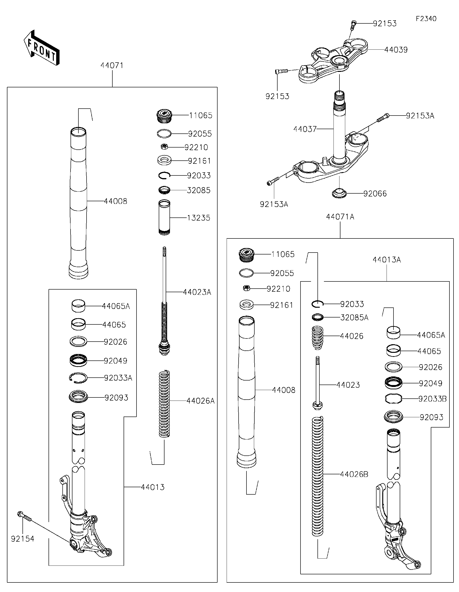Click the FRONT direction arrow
[x=41, y=48]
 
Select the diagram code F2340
[x=426, y=19]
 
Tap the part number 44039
[x=396, y=50]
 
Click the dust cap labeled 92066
[x=339, y=194]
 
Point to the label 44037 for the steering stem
[x=305, y=129]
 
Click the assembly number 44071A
[x=340, y=217]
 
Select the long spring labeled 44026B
[x=317, y=476]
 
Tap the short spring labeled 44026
[x=317, y=338]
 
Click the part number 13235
[x=198, y=218]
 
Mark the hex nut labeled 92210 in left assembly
[x=164, y=147]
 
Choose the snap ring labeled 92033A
[x=78, y=378]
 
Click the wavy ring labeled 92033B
[x=393, y=399]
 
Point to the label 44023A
[x=197, y=292]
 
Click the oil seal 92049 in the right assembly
[x=393, y=383]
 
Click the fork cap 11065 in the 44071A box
[x=246, y=255]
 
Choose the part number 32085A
[x=354, y=317]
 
